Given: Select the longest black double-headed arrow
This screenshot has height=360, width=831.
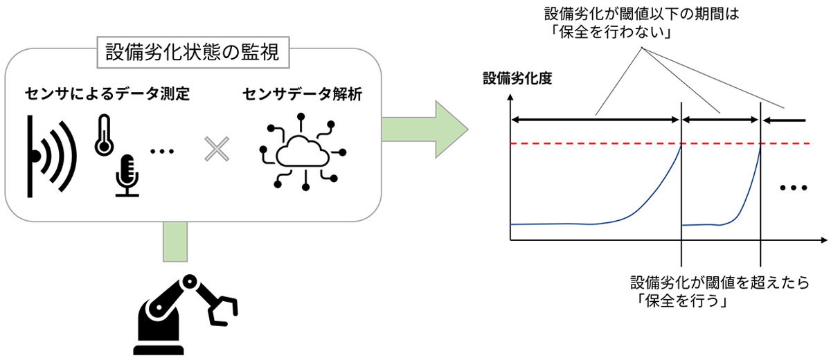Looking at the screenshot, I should (x=596, y=119).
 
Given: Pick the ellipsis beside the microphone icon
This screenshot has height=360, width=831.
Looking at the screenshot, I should (x=162, y=151).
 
